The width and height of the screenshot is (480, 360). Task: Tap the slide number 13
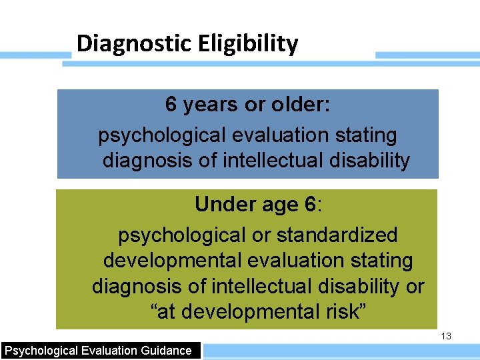[446, 337]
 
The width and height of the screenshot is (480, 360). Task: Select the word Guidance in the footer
[166, 351]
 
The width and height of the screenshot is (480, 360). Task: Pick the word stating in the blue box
[365, 135]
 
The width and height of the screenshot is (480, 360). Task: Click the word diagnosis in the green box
[134, 287]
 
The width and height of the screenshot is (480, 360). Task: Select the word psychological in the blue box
[162, 135]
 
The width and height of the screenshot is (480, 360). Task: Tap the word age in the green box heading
[275, 204]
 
